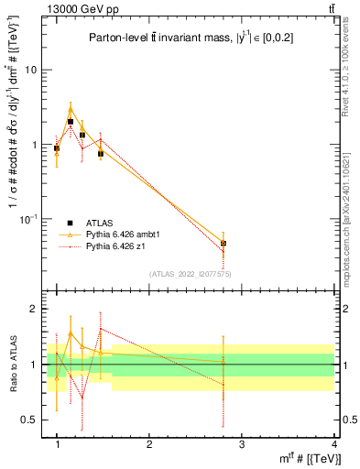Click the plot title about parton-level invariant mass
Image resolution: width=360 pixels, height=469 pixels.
click(196, 38)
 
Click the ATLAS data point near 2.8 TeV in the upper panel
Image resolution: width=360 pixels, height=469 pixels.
click(224, 244)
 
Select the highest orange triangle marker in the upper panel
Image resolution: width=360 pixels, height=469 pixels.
click(71, 110)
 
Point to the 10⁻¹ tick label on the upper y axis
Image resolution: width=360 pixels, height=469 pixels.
click(31, 218)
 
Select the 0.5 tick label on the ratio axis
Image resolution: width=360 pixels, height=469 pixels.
click(31, 420)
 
